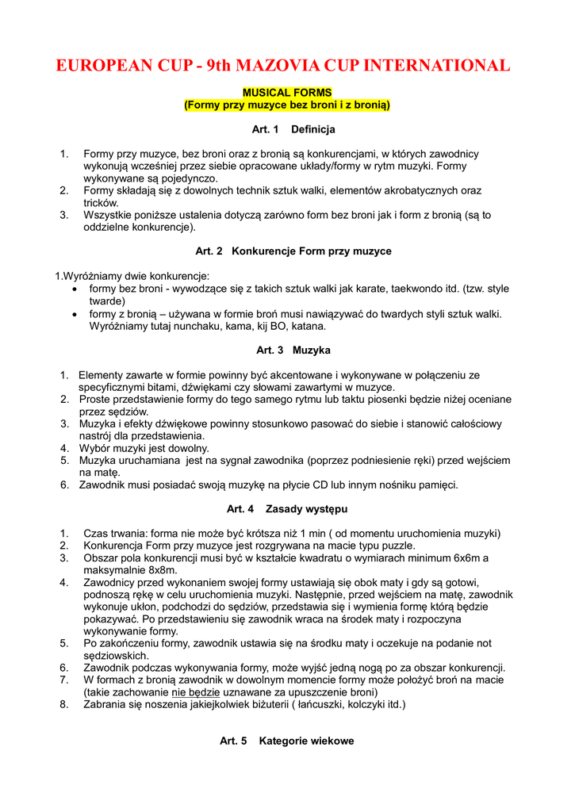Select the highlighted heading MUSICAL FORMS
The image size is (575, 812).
tap(287, 93)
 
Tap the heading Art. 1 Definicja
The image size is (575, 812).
tap(287, 128)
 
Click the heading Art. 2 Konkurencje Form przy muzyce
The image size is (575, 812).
tap(293, 251)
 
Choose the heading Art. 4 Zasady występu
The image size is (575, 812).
tap(287, 508)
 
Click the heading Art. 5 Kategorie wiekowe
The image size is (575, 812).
tap(287, 741)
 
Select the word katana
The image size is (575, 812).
tap(309, 326)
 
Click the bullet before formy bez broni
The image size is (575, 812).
tap(75, 289)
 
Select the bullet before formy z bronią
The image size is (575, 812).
tap(75, 314)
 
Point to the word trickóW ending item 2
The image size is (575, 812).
tap(101, 203)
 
